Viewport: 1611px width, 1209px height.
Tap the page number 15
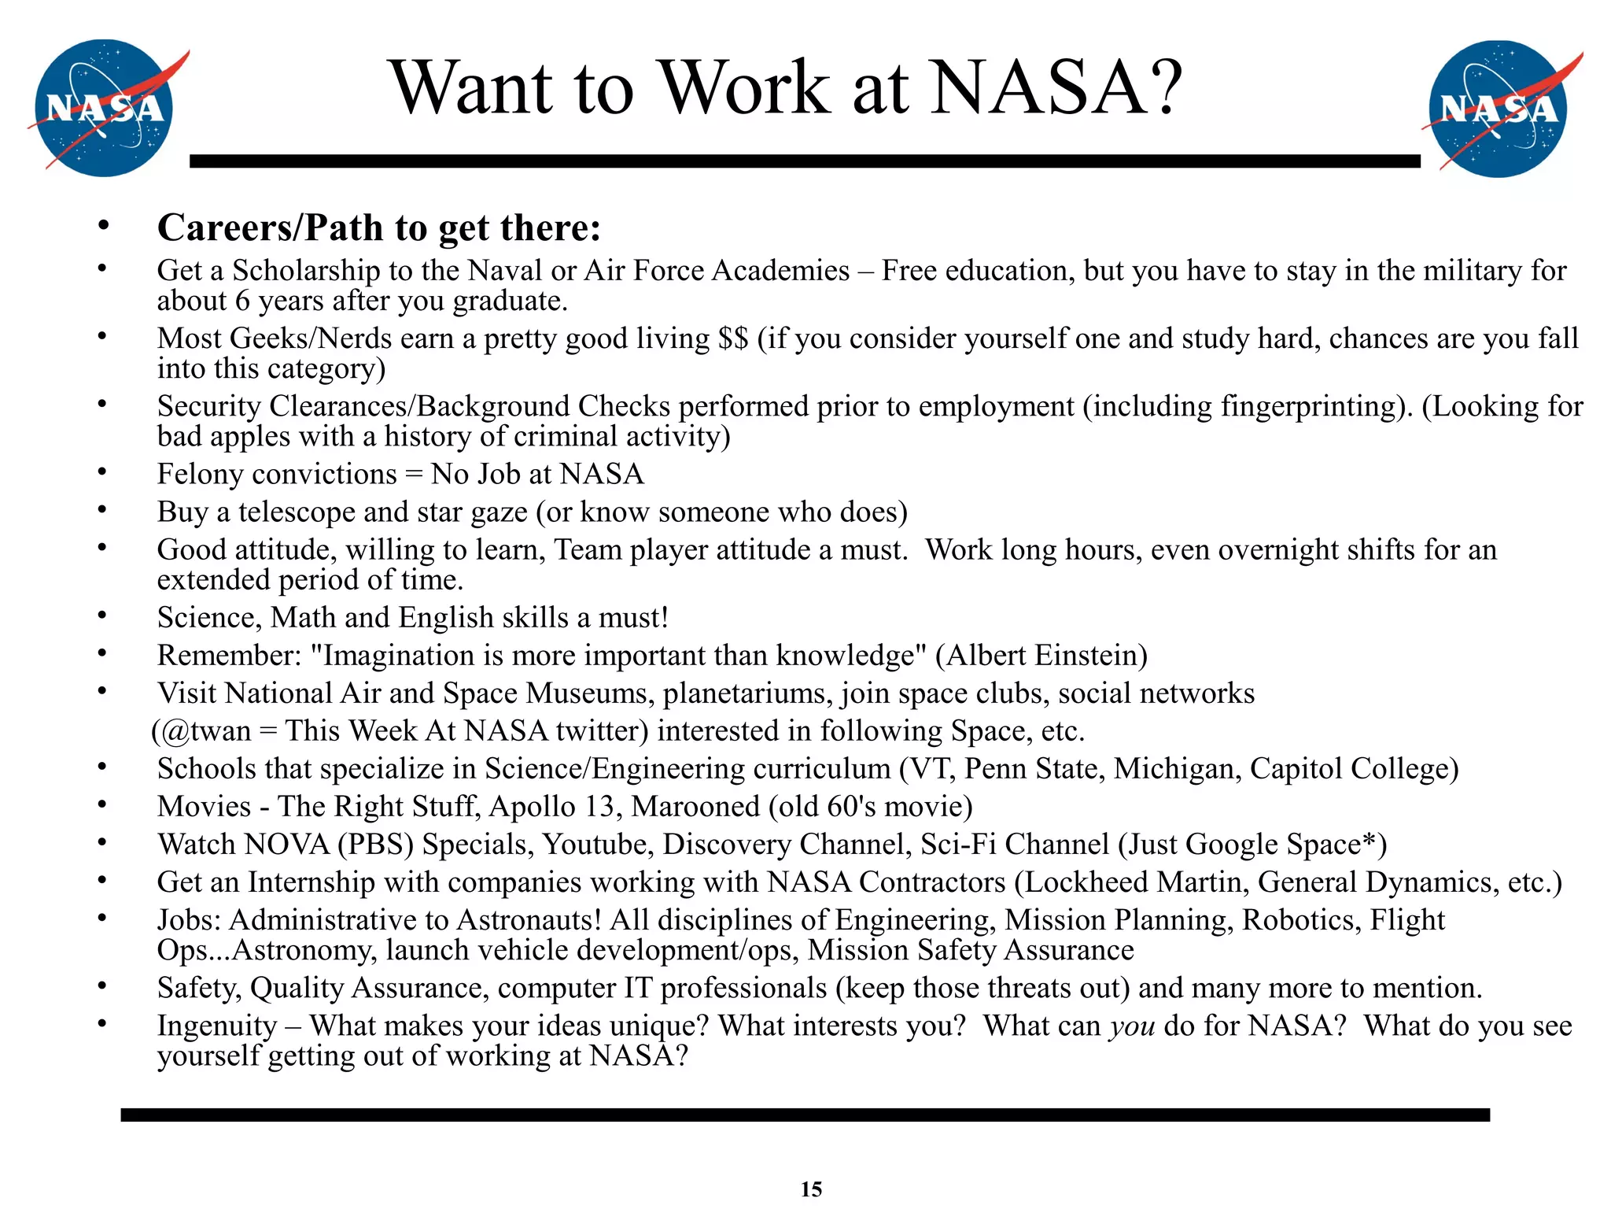[x=811, y=1189]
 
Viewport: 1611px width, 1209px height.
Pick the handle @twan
[x=208, y=731]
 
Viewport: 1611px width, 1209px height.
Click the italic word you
[x=1132, y=1026]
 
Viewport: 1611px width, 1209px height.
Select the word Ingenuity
[x=217, y=1026]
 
